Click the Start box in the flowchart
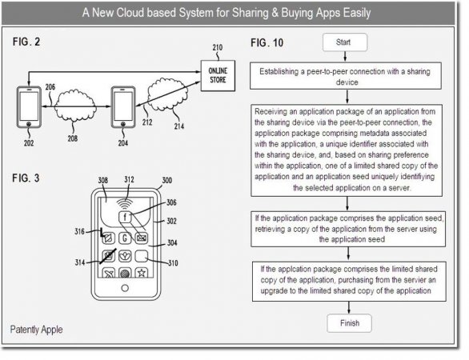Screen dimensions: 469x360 tap(345, 42)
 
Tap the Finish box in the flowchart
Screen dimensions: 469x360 tap(349, 323)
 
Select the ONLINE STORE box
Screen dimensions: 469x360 tap(218, 76)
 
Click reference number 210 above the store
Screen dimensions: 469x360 tap(218, 47)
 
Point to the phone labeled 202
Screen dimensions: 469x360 tap(29, 107)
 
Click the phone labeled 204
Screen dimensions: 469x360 tap(123, 107)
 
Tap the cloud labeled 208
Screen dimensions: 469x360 tap(74, 106)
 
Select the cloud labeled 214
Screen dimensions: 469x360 tap(167, 94)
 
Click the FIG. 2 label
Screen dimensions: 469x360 tap(26, 42)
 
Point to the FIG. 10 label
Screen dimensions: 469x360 tap(267, 43)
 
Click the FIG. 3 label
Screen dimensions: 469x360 tap(26, 178)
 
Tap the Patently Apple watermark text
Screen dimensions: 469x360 tap(37, 330)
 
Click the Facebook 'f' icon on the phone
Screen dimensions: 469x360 tap(125, 217)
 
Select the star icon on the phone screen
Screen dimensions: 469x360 tap(141, 272)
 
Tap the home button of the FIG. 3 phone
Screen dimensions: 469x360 tap(125, 288)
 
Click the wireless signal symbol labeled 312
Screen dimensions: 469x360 tap(125, 203)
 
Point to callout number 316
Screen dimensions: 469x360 tap(79, 231)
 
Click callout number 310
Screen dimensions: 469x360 tap(173, 263)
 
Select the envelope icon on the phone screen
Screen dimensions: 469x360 tap(141, 238)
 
